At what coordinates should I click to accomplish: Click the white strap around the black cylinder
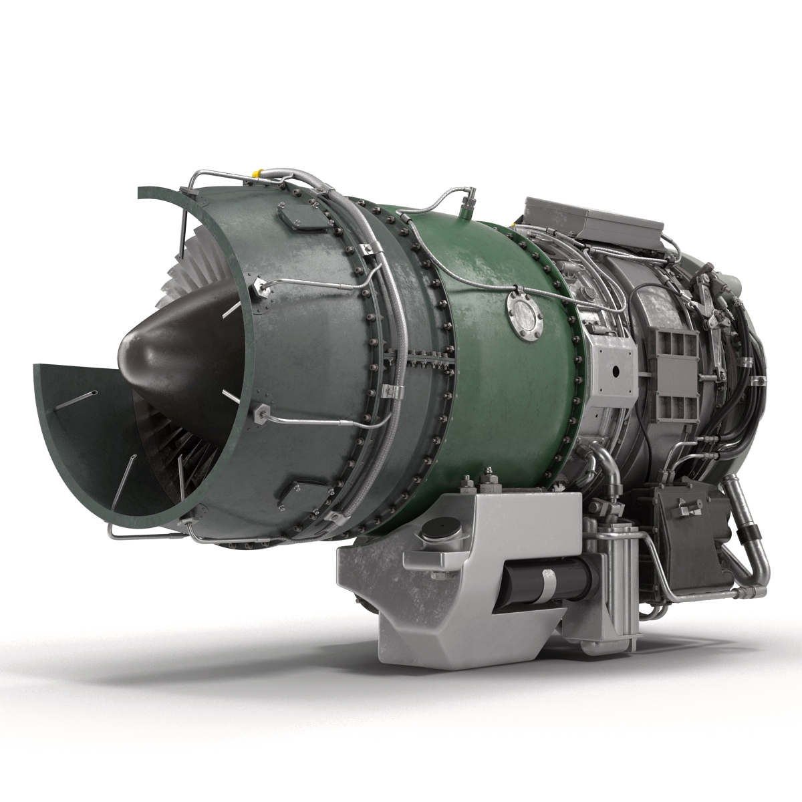click(x=547, y=581)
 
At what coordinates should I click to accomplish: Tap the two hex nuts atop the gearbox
click(x=479, y=482)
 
